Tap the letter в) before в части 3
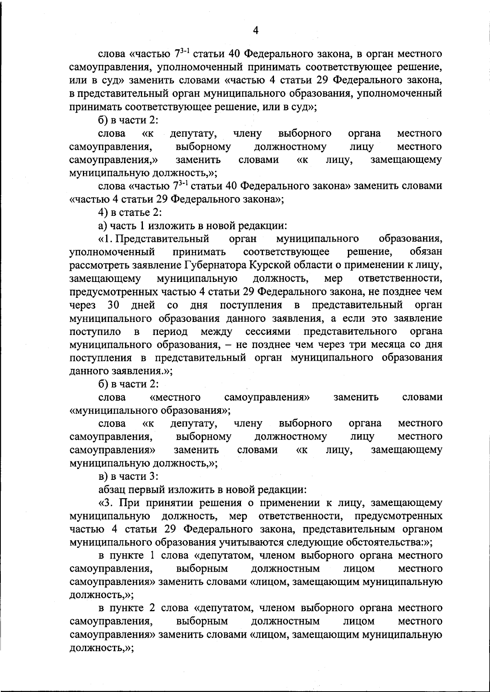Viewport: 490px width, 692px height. point(103,476)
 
